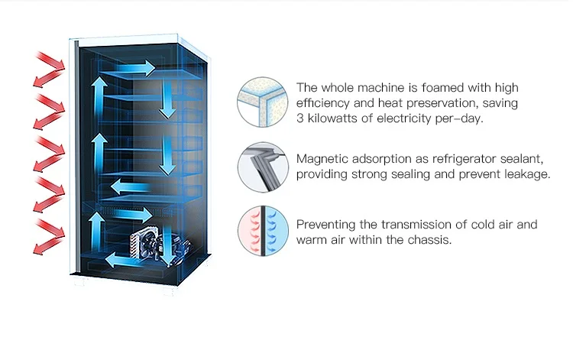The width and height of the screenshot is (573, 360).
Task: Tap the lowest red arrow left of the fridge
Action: [50, 238]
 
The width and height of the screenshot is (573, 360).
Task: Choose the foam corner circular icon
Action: [261, 102]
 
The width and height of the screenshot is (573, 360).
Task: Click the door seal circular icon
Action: [261, 166]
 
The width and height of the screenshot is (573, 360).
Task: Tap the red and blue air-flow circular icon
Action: [261, 230]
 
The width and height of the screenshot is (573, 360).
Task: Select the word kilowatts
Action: [340, 119]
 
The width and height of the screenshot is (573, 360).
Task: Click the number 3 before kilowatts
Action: [300, 119]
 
